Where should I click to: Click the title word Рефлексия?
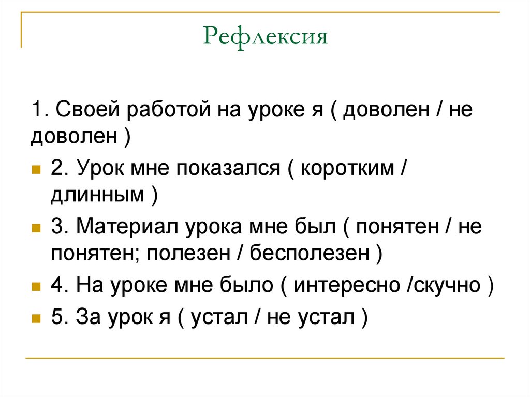(x=266, y=37)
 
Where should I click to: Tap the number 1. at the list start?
(x=39, y=110)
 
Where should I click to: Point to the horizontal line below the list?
(x=265, y=358)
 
